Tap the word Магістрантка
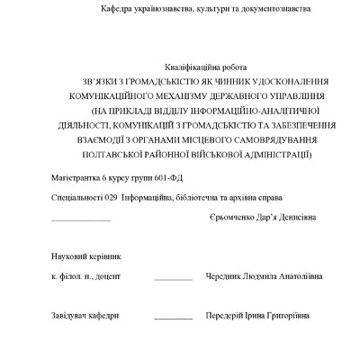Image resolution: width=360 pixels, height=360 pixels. tap(77, 175)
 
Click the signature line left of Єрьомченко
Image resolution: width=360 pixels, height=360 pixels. tap(81, 221)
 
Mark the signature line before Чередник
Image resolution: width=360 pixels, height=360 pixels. tap(173, 281)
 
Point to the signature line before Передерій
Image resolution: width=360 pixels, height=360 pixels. tap(173, 318)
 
